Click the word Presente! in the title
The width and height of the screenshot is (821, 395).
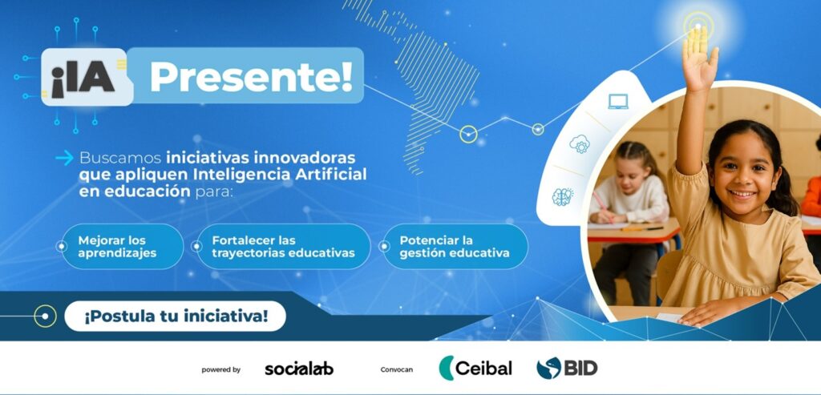251,77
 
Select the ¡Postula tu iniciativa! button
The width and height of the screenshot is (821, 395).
175,316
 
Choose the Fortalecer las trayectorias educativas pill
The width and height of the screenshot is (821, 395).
283,247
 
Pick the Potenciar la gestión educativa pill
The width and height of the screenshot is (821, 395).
455,247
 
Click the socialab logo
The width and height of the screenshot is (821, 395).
299,369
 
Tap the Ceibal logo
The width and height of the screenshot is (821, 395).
475,368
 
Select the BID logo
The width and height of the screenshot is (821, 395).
567,368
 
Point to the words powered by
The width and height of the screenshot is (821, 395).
221,370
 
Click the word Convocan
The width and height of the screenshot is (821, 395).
396,370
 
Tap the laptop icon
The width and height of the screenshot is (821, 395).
618,102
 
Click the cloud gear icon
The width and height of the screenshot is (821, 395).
579,144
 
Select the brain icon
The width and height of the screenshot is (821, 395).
562,197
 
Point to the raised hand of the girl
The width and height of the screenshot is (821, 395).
698,58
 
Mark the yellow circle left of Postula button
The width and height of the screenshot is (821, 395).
45,316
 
